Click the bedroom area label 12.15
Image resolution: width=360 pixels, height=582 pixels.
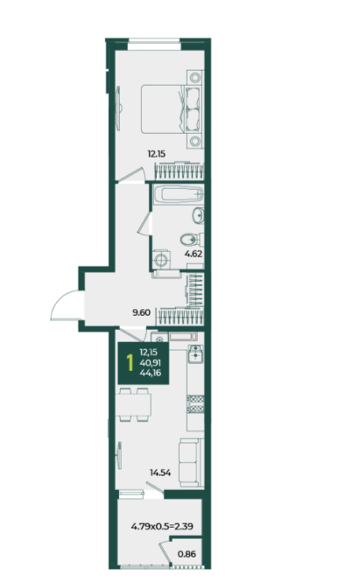[157, 154]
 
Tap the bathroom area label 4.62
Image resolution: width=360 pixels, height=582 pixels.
[194, 255]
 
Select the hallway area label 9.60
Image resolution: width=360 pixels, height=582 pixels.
[142, 312]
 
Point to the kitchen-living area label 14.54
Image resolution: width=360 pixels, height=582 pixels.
[160, 473]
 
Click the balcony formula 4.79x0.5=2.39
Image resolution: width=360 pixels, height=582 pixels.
[162, 526]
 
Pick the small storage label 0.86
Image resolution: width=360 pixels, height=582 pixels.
[187, 554]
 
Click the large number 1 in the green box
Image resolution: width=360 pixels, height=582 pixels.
[130, 363]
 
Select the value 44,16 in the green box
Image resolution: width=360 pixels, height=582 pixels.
[150, 373]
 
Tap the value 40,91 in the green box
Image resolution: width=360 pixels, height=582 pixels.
[150, 362]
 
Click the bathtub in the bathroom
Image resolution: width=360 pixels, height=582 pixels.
[179, 194]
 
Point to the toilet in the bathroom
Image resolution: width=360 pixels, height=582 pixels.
[192, 240]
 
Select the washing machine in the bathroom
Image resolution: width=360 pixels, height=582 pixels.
[162, 259]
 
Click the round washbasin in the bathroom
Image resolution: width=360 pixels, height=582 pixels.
[198, 215]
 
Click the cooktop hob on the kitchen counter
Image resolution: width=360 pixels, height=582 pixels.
[195, 404]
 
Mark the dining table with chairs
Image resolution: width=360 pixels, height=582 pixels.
[133, 404]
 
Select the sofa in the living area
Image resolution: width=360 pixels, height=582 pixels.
[191, 462]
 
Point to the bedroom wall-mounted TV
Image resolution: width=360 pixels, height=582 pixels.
[118, 108]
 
